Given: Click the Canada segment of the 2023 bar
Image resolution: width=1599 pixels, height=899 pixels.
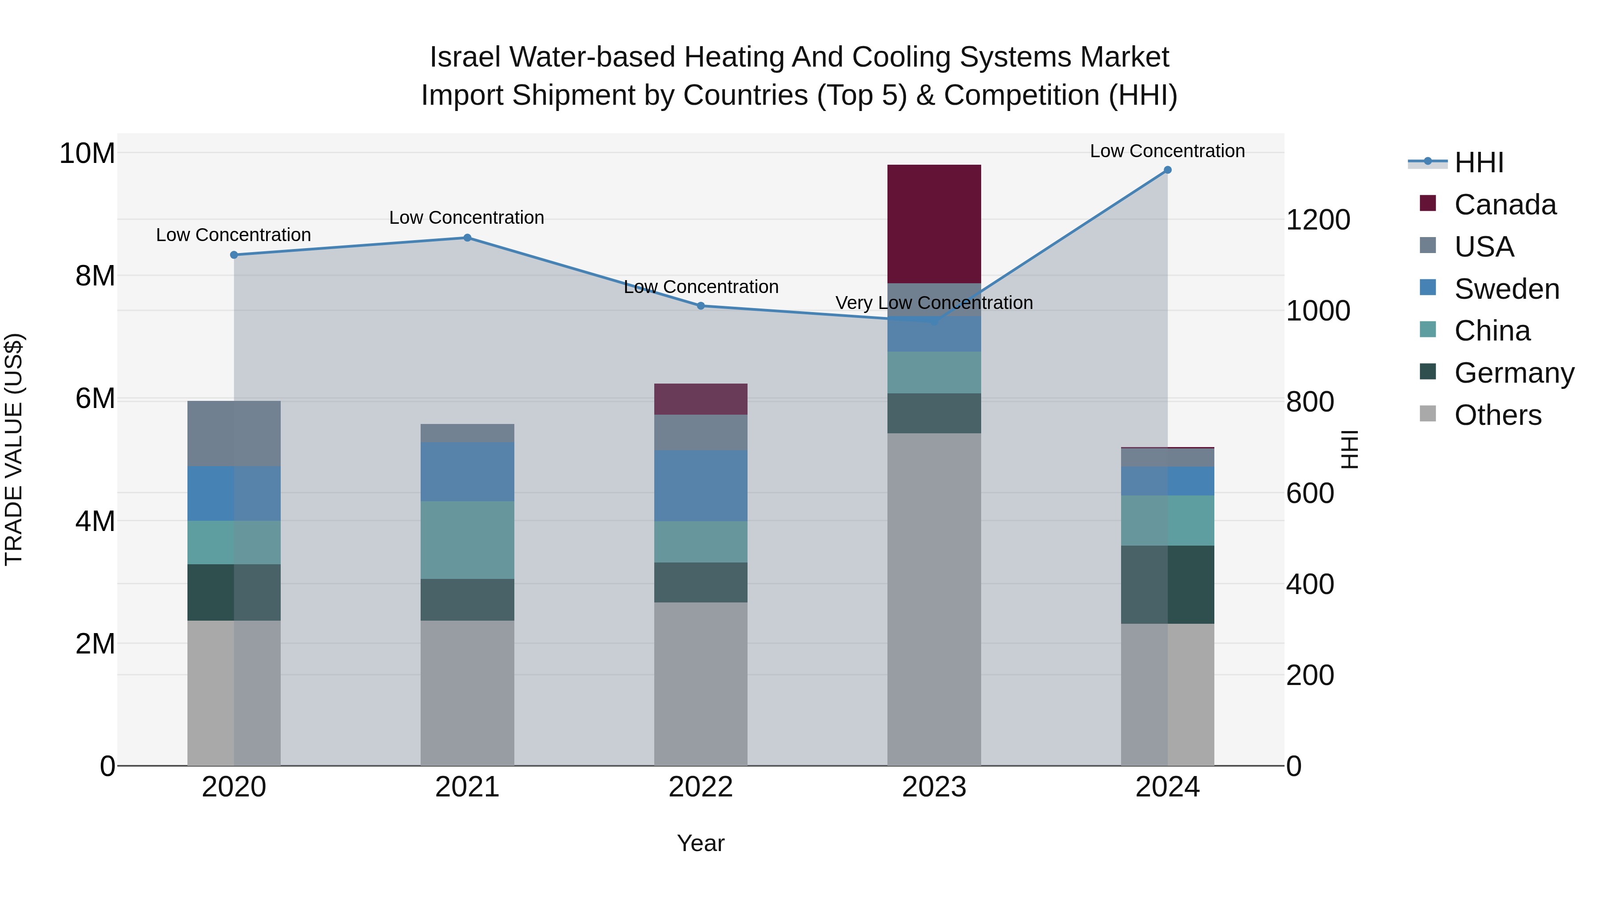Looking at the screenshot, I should pos(934,224).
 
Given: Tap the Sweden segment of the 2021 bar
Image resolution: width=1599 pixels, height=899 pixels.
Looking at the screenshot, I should pos(467,471).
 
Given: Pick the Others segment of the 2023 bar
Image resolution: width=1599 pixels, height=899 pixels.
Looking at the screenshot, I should pos(934,599).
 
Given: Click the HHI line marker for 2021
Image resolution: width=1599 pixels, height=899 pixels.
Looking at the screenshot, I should pos(467,238).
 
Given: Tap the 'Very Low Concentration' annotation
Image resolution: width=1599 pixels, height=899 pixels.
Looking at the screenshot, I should pos(934,303).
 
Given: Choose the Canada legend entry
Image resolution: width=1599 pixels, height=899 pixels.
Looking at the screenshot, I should pos(1505,205).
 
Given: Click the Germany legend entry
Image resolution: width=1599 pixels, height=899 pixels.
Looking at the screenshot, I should pos(1513,373).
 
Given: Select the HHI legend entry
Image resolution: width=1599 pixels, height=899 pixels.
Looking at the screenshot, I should pos(1479,162).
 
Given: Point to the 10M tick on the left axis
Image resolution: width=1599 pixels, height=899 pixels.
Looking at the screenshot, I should pos(87,153).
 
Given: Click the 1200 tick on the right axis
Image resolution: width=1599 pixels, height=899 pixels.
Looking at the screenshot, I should pos(1317,220).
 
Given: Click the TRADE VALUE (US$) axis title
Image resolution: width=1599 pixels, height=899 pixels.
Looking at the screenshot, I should pos(14,449).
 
